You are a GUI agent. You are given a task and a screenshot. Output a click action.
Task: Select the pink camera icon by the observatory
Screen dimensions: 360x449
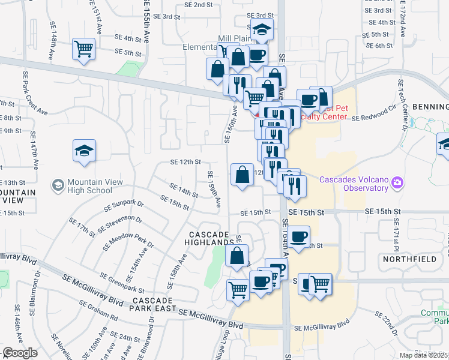397,182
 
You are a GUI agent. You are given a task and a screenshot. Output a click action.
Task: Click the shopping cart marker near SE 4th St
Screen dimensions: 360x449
84,49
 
